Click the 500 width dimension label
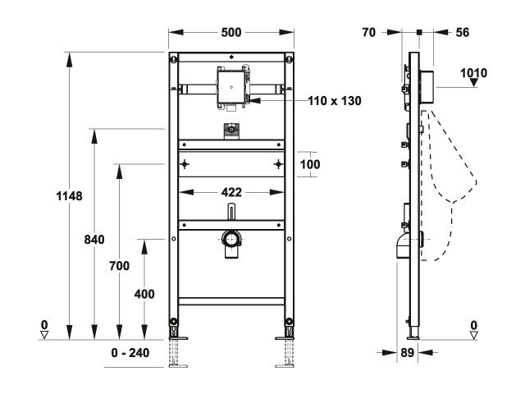(231, 32)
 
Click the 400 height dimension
(144, 293)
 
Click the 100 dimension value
(309, 163)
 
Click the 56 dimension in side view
(463, 33)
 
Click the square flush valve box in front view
(232, 86)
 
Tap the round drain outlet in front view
(232, 240)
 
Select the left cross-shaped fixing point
(185, 163)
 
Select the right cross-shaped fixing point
(280, 163)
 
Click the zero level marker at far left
(46, 330)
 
